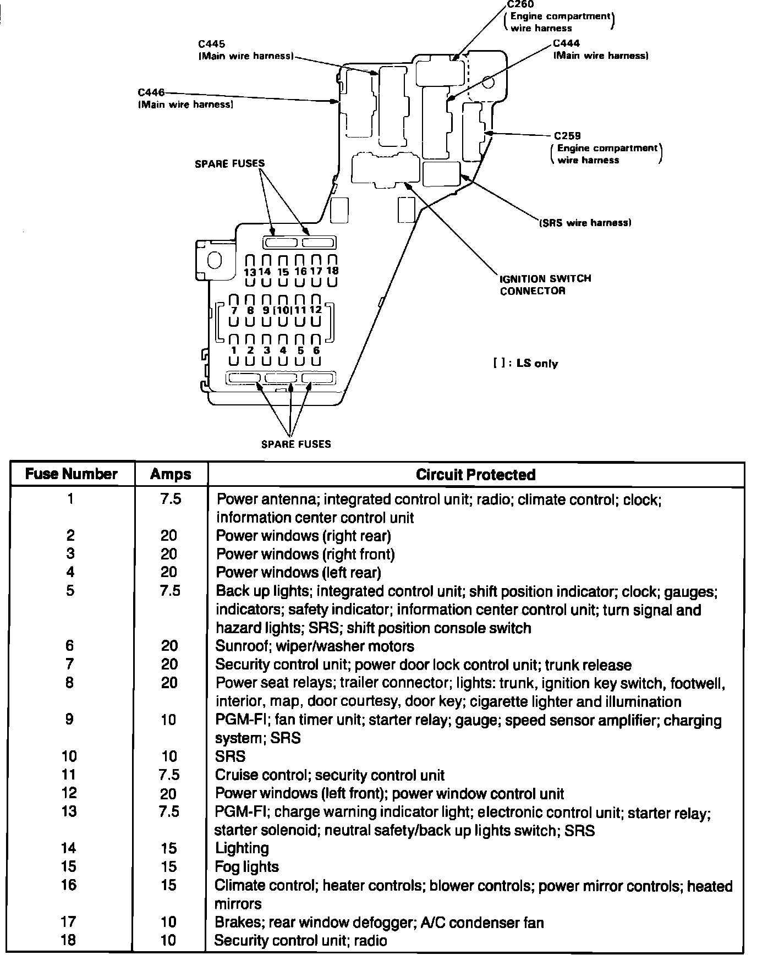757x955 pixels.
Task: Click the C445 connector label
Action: [x=212, y=44]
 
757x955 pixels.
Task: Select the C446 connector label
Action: [x=151, y=93]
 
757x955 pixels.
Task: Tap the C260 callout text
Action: [x=520, y=4]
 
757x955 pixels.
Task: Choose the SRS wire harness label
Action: [x=585, y=223]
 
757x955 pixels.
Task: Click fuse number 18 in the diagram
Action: [x=332, y=271]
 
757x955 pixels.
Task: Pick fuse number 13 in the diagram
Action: [x=250, y=272]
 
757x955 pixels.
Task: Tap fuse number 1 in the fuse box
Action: [x=234, y=350]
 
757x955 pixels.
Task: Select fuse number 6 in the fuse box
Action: [x=316, y=350]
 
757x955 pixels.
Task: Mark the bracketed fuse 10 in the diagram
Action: [x=283, y=310]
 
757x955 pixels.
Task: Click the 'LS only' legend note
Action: [x=525, y=364]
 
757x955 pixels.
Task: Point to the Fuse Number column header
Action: [x=72, y=474]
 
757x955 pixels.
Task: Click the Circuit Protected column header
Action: [x=475, y=475]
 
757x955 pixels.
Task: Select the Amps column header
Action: [x=171, y=475]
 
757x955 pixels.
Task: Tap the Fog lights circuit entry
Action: [x=247, y=867]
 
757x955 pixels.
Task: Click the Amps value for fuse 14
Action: [x=169, y=848]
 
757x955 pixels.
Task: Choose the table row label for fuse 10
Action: [x=69, y=756]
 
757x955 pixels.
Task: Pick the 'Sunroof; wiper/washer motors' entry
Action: [x=315, y=646]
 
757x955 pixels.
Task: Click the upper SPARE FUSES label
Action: [x=229, y=163]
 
